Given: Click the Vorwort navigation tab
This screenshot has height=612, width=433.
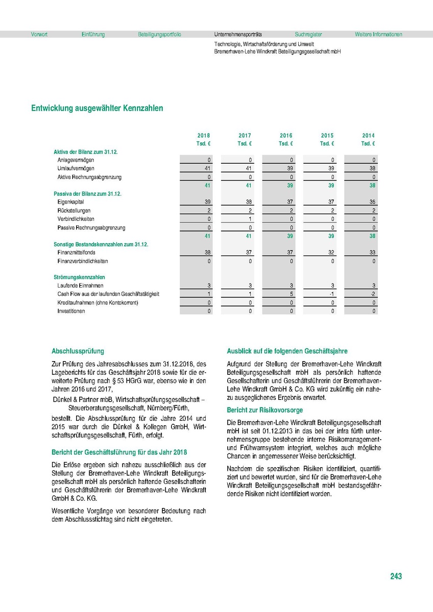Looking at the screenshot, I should [39, 35].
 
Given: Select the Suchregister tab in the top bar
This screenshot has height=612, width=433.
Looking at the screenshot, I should [308, 35].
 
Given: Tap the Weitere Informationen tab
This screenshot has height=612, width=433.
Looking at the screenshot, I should [378, 35].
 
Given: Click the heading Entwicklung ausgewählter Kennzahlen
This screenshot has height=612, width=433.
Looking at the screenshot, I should [97, 108].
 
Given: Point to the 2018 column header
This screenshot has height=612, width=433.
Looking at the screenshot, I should [203, 136].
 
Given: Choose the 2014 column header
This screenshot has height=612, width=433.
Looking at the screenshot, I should [368, 136].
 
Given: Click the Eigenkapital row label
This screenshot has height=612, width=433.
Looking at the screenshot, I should [71, 202].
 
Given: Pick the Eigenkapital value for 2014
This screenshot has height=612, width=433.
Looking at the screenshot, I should [373, 202].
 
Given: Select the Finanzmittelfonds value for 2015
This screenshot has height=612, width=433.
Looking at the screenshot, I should [332, 252].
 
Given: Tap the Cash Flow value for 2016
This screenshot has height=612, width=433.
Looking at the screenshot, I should [291, 294].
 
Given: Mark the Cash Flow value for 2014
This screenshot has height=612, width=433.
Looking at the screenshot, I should [373, 294].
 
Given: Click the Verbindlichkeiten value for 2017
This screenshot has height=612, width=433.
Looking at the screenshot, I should [250, 219].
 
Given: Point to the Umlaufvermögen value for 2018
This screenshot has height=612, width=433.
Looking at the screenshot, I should [207, 169].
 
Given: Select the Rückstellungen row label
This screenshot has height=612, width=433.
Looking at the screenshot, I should [74, 211].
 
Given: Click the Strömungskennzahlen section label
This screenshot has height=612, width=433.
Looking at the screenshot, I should [76, 277].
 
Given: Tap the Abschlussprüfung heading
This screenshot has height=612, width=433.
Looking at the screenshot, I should [78, 351].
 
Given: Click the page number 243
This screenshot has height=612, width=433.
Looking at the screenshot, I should [396, 577].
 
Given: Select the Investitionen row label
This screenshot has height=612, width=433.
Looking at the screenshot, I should [71, 311].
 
